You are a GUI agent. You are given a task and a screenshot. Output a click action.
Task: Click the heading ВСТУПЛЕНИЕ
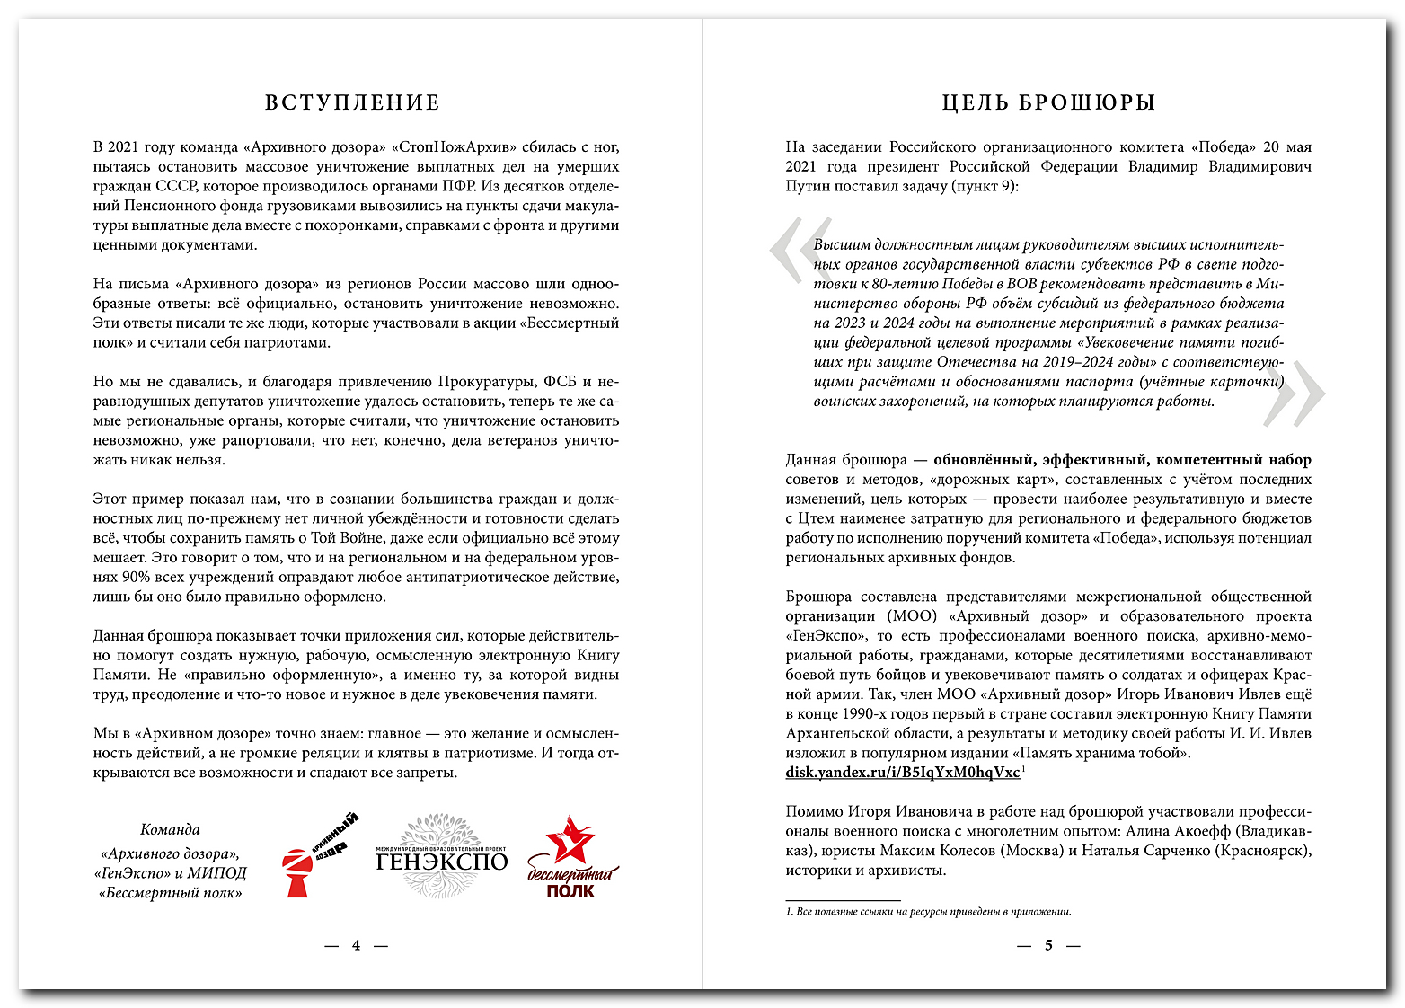pos(352,102)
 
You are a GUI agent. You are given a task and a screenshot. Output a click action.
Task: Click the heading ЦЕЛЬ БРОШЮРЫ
pos(1047,102)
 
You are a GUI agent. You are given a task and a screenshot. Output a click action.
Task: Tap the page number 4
pos(356,945)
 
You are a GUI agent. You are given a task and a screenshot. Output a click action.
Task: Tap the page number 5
pos(1047,945)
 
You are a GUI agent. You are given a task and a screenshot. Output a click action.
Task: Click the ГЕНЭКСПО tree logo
pos(441,855)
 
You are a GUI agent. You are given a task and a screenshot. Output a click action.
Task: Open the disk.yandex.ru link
pos(902,773)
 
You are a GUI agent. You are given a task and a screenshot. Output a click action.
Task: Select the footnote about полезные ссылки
pos(928,912)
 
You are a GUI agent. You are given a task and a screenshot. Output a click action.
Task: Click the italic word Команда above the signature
pos(170,830)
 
